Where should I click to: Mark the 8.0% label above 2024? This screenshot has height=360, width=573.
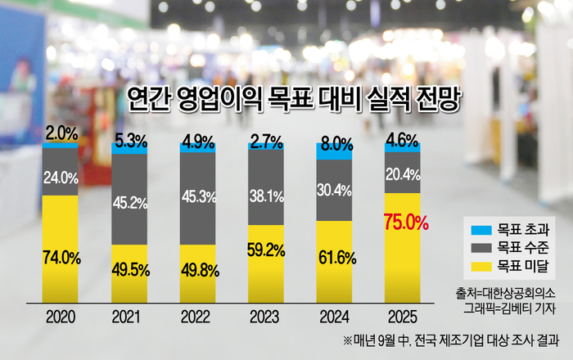click(x=334, y=144)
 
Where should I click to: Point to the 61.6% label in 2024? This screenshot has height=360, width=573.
click(x=334, y=259)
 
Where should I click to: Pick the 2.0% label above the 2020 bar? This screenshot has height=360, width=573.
click(x=61, y=132)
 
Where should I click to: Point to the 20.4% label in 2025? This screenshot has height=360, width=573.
click(x=401, y=173)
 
